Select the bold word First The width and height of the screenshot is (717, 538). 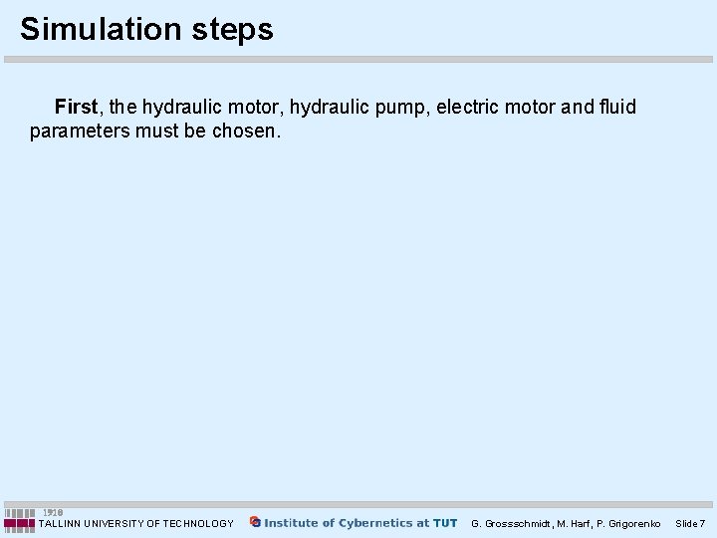77,107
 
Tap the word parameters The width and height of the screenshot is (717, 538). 79,132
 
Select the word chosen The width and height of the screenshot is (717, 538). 247,132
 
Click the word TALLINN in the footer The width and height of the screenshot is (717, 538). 60,523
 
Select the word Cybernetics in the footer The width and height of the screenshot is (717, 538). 378,523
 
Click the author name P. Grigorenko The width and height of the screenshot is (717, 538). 627,523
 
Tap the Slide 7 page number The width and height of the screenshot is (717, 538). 690,523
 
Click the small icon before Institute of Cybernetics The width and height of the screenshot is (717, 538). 255,522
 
